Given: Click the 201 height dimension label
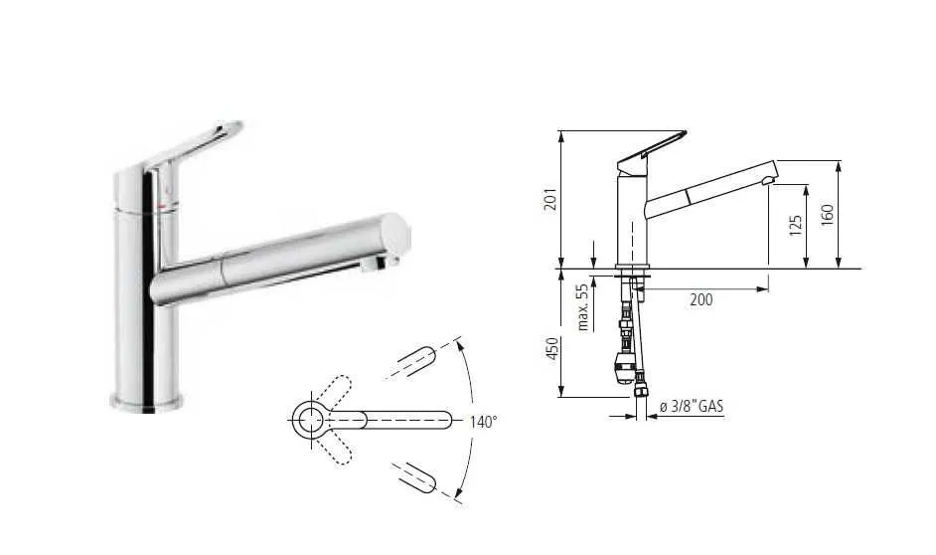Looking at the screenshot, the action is click(x=550, y=199).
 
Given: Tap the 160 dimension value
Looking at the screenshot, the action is click(x=827, y=215).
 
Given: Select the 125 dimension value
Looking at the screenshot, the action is click(x=795, y=225).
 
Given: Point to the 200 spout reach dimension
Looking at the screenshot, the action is click(x=702, y=299).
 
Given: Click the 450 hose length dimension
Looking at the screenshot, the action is click(x=551, y=348).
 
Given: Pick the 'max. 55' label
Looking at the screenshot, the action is click(x=582, y=307).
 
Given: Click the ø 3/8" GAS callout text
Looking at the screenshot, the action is click(x=692, y=407).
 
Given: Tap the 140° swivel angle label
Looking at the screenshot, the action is click(x=483, y=422).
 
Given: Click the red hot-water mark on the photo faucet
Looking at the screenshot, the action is click(x=161, y=206).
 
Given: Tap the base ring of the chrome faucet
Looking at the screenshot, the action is click(x=146, y=403).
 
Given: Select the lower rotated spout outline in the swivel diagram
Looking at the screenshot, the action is click(x=414, y=477).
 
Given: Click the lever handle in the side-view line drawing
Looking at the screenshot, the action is click(x=652, y=150).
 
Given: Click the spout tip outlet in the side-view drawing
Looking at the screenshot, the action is click(x=768, y=180).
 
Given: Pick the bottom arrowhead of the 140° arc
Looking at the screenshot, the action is click(x=458, y=493).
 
